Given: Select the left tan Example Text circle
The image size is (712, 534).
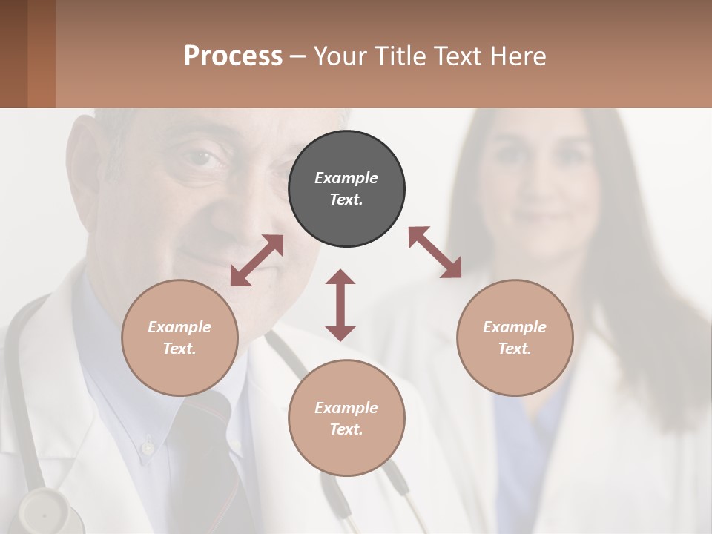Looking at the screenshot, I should coord(179,337).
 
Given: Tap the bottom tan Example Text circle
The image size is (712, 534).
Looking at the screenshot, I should coord(346,418).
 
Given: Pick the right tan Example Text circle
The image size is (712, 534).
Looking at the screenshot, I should coord(515,337).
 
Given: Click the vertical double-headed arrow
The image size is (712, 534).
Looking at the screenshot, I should coord(340,305).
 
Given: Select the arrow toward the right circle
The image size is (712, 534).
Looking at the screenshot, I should coord(435,252).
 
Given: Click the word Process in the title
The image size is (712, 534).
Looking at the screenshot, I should coord(233,56).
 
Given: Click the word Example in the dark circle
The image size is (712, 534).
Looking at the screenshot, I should coord(346,178).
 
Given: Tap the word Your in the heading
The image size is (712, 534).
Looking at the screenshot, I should coord(339,56).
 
